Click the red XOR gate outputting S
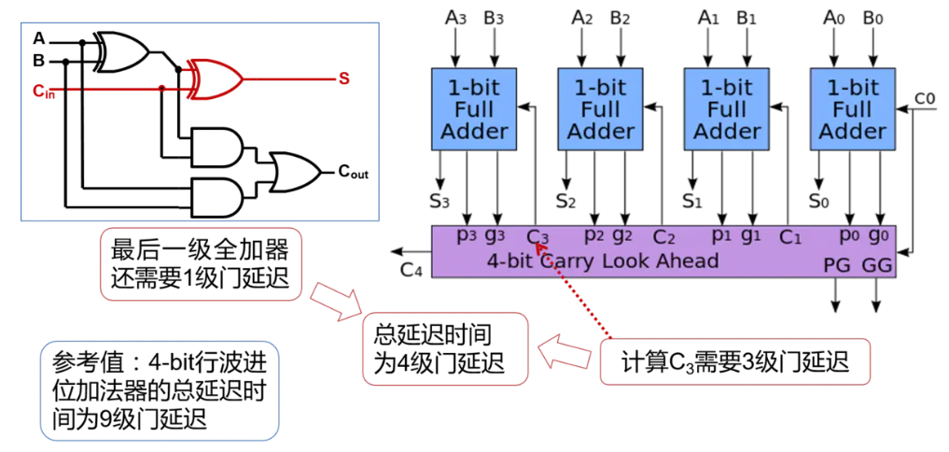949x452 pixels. (216, 78)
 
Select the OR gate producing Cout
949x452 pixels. (293, 171)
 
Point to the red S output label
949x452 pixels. (343, 78)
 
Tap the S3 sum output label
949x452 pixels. (440, 200)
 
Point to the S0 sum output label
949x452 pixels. (818, 200)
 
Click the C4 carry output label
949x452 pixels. (412, 270)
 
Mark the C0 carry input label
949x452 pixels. (924, 98)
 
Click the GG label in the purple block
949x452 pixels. (876, 266)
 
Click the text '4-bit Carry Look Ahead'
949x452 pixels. (603, 261)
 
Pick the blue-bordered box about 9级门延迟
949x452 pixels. (160, 390)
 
